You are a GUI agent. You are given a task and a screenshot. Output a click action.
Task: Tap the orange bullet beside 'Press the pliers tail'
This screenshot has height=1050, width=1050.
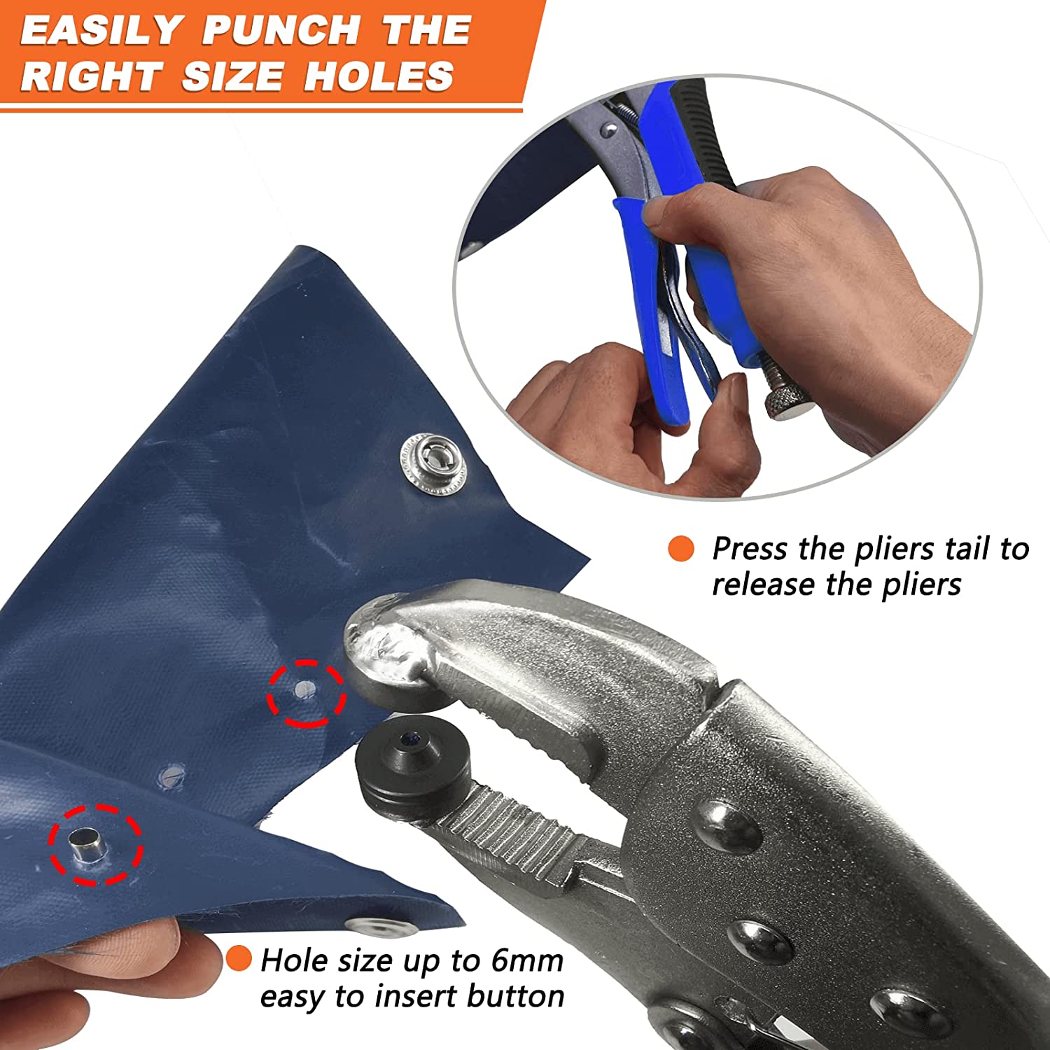[681, 549]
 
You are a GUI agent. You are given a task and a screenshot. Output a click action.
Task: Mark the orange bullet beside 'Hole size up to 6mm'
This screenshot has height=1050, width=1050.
[239, 958]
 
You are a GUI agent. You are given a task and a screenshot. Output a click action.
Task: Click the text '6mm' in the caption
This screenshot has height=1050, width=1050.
[526, 960]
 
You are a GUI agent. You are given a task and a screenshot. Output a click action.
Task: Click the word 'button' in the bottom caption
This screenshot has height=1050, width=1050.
[516, 996]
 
